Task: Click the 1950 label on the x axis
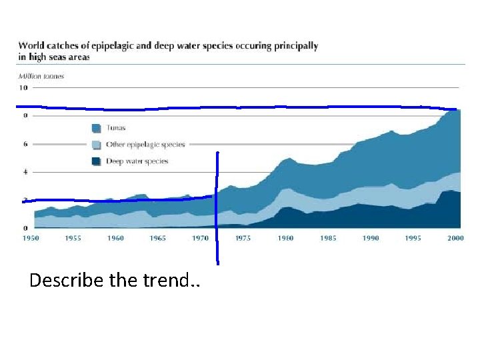pos(31,238)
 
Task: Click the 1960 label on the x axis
pos(116,238)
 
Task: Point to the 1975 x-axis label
pos(243,238)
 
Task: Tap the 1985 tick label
pos(328,238)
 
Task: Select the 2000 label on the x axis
pos(456,238)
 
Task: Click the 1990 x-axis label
pos(371,238)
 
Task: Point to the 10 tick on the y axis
pos(23,87)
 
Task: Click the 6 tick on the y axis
pos(25,144)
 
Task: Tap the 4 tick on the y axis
pos(25,172)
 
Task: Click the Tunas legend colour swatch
pos(97,128)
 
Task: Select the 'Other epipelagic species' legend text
pos(146,145)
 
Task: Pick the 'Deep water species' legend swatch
pos(97,161)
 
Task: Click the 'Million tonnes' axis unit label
pos(41,76)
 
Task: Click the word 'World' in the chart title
pos(33,46)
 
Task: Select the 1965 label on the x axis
pos(158,238)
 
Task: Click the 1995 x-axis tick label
pos(413,238)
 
